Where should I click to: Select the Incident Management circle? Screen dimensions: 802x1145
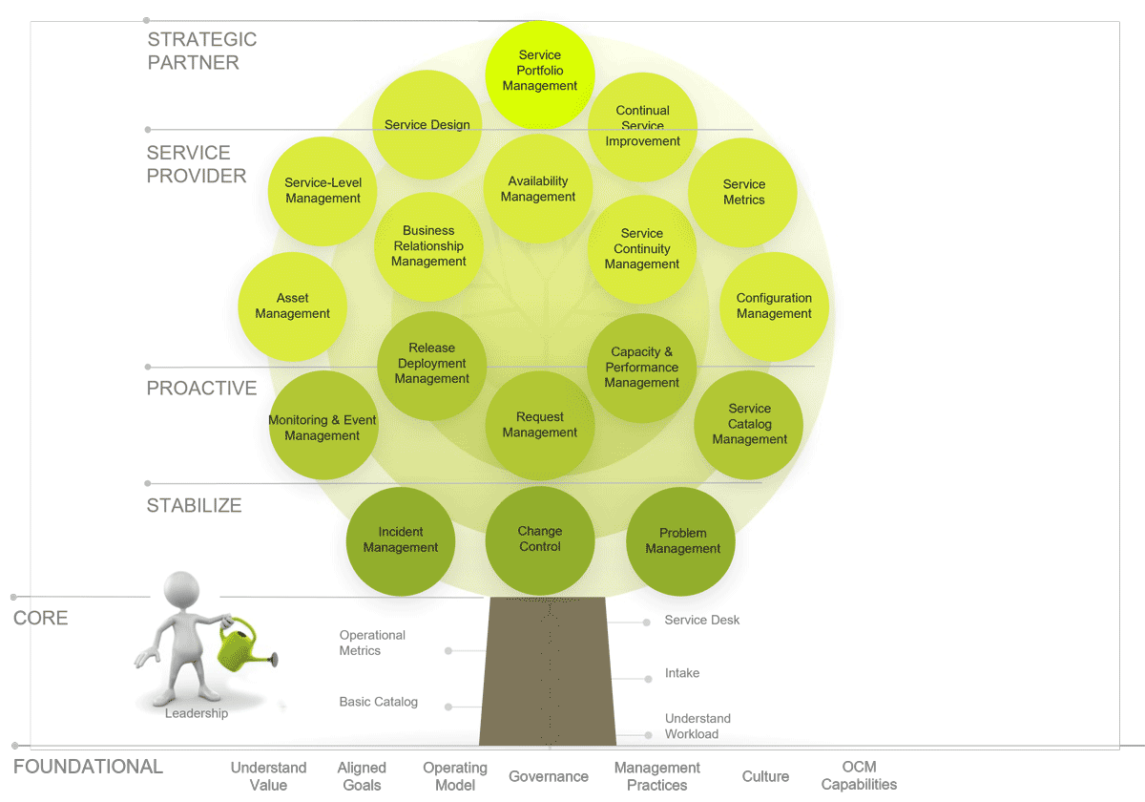[x=401, y=540]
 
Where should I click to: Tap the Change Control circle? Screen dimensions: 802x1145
[x=540, y=540]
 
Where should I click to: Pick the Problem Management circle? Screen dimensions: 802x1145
[x=681, y=540]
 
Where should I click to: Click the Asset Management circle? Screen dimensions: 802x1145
[x=292, y=306]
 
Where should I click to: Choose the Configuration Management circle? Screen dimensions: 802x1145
[x=774, y=306]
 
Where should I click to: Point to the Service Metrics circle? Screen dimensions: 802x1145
[x=743, y=193]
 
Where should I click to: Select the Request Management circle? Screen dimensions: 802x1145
[x=540, y=425]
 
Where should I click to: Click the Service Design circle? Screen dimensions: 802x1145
[x=427, y=125]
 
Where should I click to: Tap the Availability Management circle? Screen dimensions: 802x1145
[x=538, y=189]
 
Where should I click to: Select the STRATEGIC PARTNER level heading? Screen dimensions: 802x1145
[x=202, y=52]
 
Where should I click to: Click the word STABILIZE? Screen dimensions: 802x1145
[x=194, y=506]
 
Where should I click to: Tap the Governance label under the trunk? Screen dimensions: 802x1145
[x=549, y=777]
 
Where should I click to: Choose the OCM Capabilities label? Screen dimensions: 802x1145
[x=859, y=776]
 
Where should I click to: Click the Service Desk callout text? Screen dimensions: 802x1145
[x=702, y=621]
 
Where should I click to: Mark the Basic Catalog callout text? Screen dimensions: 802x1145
[x=379, y=702]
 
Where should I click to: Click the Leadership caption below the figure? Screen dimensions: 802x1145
[x=197, y=713]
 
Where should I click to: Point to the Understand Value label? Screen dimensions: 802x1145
[x=268, y=776]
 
